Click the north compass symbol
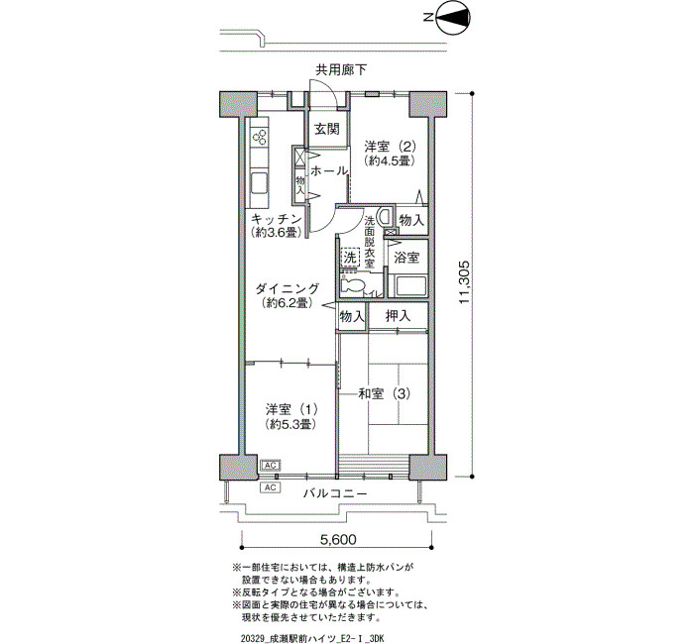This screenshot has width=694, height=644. pyautogui.click(x=453, y=18)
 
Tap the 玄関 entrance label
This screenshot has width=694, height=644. pyautogui.click(x=327, y=129)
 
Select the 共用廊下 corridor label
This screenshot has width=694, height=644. pyautogui.click(x=341, y=69)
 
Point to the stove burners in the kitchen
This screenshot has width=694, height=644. pyautogui.click(x=260, y=137)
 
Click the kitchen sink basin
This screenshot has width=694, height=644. pyautogui.click(x=260, y=183)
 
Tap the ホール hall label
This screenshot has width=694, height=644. pyautogui.click(x=328, y=170)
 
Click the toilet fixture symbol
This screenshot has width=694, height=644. pyautogui.click(x=353, y=285)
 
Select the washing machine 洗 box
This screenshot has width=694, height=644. pyautogui.click(x=350, y=257)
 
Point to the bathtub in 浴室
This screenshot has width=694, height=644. pyautogui.click(x=410, y=286)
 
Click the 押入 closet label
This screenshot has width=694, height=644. pyautogui.click(x=398, y=316)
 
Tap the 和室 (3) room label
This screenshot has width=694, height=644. pyautogui.click(x=385, y=393)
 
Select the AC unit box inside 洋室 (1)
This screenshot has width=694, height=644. pyautogui.click(x=270, y=465)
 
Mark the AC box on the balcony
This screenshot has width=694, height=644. pyautogui.click(x=270, y=487)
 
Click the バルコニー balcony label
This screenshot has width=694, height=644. pyautogui.click(x=335, y=493)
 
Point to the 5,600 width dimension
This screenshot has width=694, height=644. pyautogui.click(x=338, y=540)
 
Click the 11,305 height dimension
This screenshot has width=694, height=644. pyautogui.click(x=464, y=282)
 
